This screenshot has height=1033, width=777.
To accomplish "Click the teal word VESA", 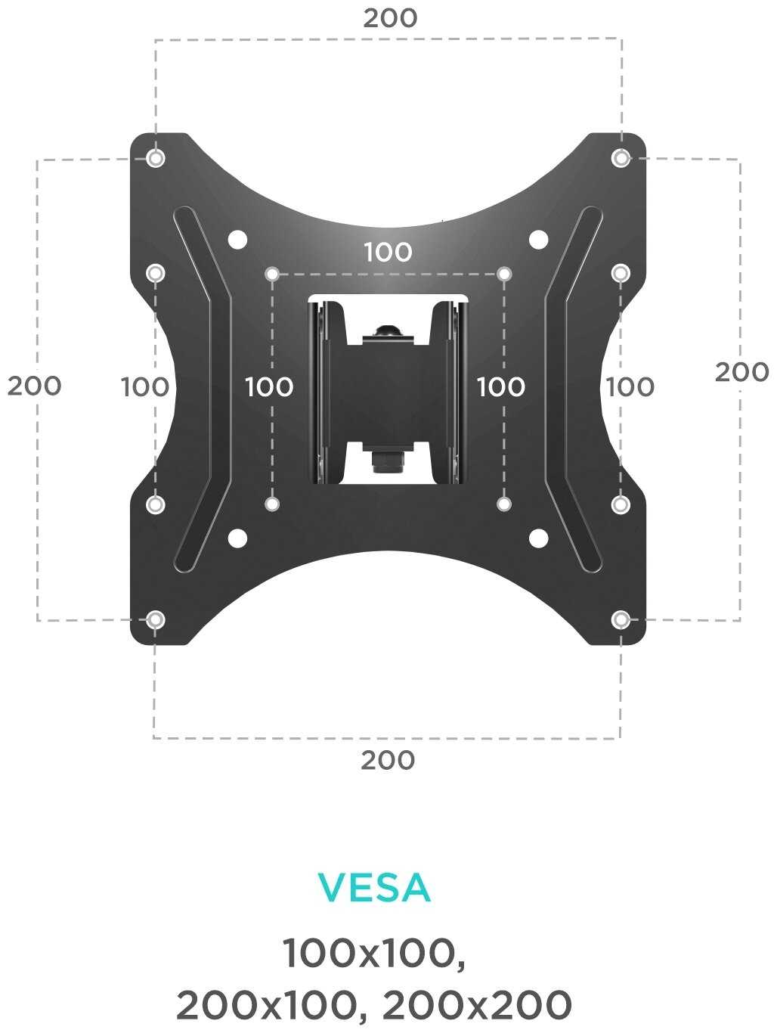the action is coord(374,887).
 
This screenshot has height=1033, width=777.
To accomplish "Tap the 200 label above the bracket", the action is coord(390,18).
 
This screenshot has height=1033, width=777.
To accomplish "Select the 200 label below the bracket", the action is coord(388,761).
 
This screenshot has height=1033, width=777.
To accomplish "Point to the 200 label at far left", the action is coord(34,386).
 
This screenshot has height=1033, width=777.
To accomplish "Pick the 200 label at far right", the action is coord(741,372).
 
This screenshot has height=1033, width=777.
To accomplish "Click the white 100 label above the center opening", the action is coord(388,252).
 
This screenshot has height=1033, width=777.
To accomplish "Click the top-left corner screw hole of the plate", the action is coord(155,157).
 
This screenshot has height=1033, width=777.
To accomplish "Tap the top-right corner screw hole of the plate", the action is coord(621,157).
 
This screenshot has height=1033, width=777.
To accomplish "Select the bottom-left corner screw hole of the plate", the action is coord(155,620).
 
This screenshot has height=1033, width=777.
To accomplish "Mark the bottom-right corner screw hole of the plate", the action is coord(621,620).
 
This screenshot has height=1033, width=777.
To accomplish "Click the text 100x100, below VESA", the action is coord(374,954).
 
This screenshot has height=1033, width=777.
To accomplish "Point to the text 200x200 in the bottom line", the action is coord(477,1004).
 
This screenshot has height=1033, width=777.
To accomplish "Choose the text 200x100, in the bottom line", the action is coord(272,1006).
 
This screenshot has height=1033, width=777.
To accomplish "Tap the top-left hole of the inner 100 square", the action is coord(272,274).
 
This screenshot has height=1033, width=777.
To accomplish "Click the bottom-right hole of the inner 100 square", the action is coord(503,504).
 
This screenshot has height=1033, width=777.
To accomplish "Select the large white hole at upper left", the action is coord(237,240).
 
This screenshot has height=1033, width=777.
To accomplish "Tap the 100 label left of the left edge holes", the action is coord(145,387).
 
